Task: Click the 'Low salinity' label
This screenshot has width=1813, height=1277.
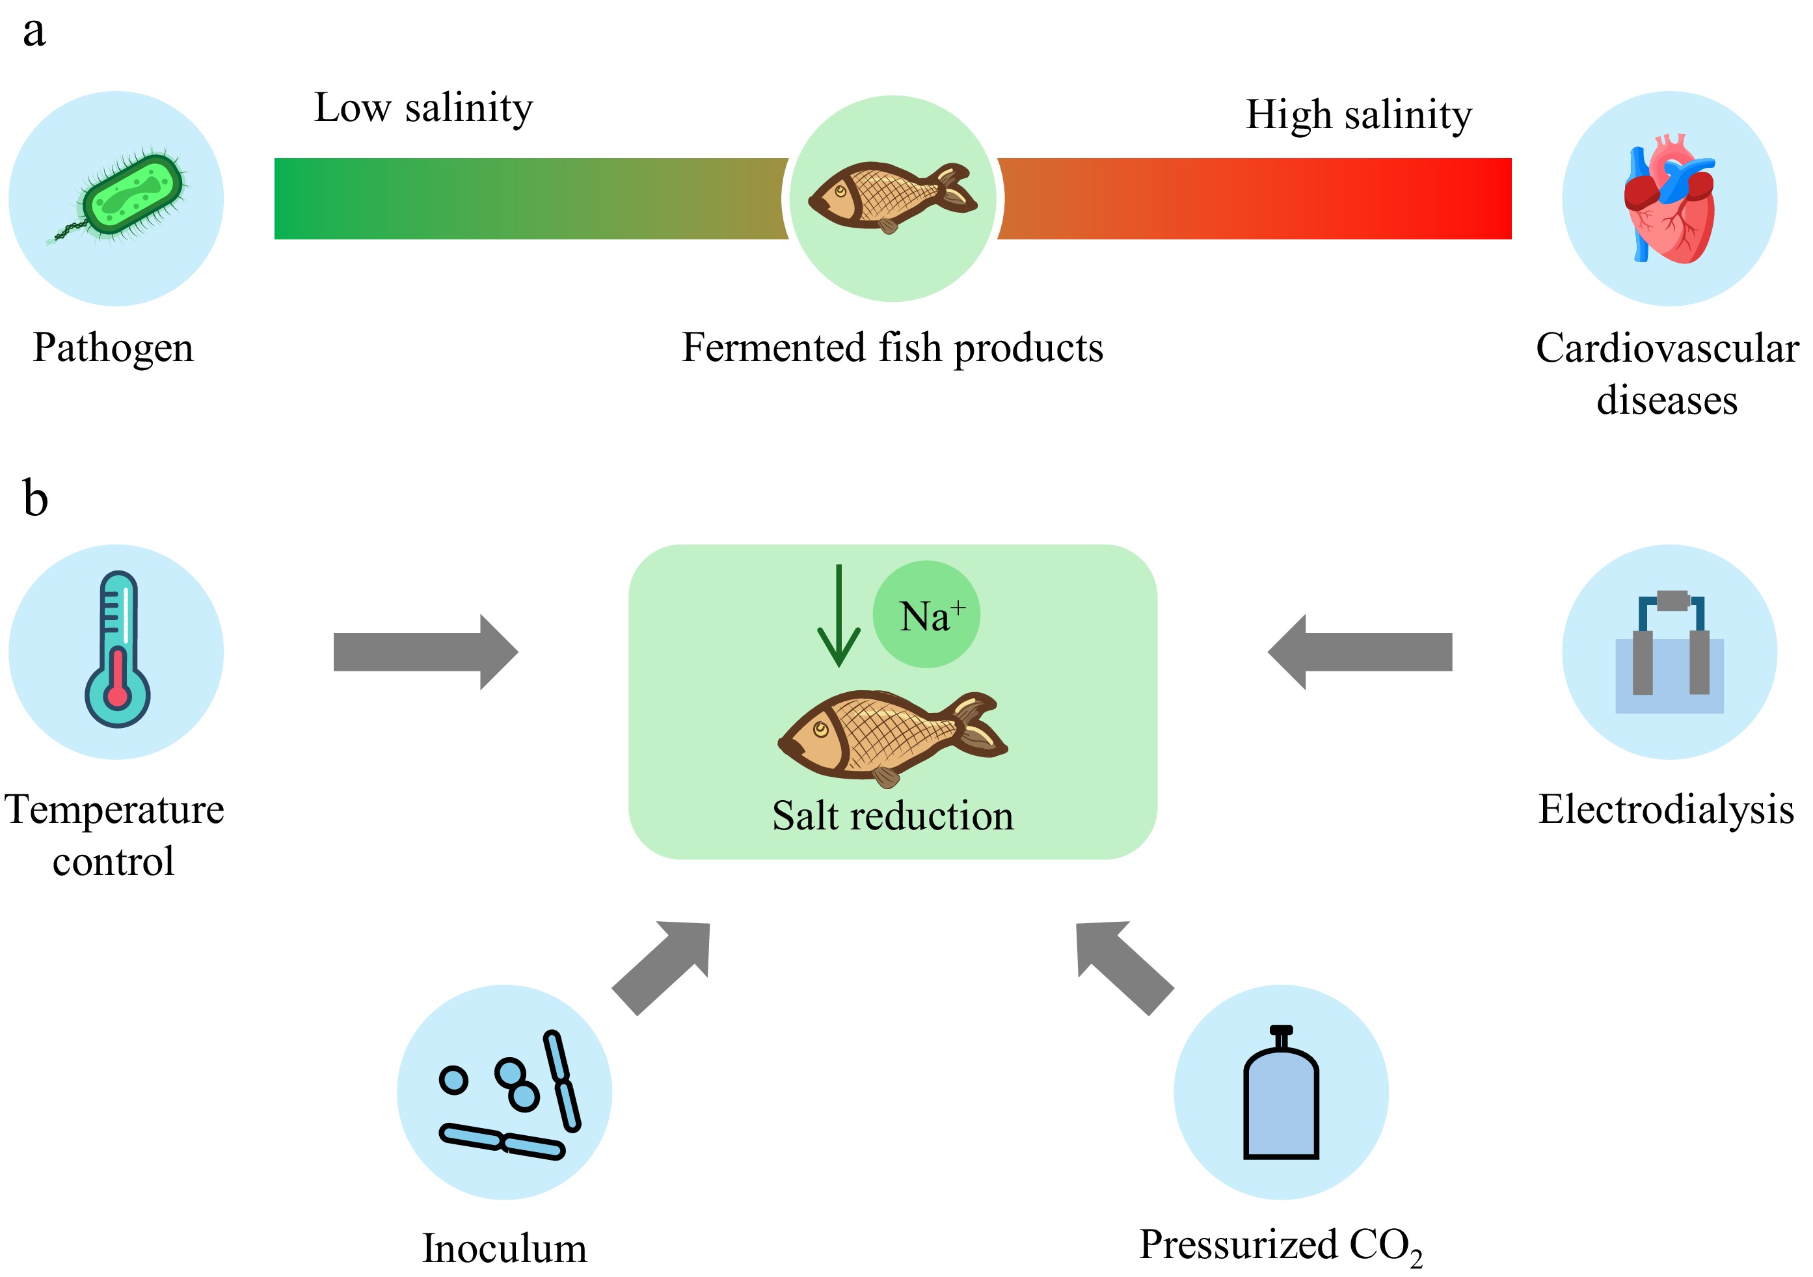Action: (423, 107)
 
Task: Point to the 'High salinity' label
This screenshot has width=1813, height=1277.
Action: (1358, 114)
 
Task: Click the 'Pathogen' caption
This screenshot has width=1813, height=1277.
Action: (113, 347)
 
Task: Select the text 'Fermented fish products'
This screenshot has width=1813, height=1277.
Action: (893, 347)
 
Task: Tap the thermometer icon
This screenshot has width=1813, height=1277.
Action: (118, 649)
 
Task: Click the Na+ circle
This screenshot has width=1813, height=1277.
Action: (926, 614)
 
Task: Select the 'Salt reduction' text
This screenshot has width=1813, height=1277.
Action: (893, 816)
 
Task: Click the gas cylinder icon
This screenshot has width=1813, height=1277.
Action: (1281, 1096)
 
